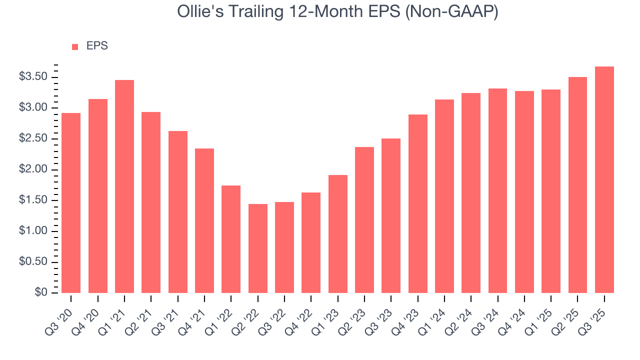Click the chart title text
[x=337, y=12]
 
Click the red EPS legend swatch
[x=75, y=46]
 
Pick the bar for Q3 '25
[x=604, y=179]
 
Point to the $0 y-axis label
[x=40, y=292]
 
